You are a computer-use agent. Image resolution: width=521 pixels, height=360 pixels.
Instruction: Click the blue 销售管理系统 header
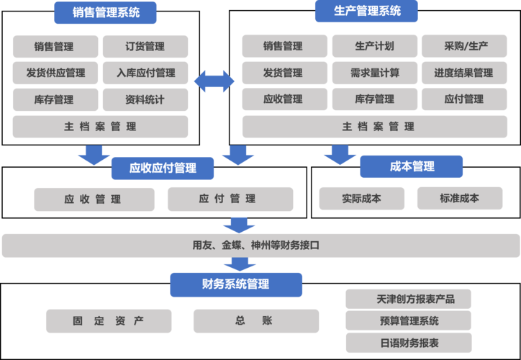coord(106,12)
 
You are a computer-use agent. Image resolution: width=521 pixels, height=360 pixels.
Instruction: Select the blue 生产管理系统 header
coord(367,12)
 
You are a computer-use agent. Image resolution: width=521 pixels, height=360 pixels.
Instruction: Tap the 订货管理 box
coord(145,47)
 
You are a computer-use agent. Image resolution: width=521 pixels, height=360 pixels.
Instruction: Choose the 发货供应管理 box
coord(55,73)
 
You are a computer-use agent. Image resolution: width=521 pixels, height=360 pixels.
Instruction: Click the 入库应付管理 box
coord(145,73)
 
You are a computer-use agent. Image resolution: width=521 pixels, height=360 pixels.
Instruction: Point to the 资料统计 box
coord(145,99)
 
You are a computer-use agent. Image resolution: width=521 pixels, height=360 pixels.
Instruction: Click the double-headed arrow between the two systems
coord(214,81)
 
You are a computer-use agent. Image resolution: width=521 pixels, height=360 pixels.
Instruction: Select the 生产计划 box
coord(374,47)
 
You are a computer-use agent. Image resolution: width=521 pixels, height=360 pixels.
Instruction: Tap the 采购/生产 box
coord(466,47)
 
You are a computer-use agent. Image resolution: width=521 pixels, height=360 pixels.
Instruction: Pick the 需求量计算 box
coord(374,73)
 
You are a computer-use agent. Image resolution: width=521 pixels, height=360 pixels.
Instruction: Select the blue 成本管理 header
coord(412,166)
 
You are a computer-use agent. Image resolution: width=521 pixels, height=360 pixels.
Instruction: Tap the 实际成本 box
coord(361,198)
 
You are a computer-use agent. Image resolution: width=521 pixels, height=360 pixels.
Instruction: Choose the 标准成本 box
coord(459,198)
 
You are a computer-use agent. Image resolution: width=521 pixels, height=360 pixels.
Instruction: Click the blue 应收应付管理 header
coord(163,168)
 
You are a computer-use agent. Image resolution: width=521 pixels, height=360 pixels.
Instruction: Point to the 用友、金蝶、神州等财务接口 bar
coord(260,246)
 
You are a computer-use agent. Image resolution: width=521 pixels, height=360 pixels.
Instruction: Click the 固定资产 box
coord(109,321)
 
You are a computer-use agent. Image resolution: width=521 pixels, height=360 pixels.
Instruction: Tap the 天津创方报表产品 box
coord(408,299)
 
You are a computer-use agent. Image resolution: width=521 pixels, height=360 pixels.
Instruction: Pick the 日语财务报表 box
coord(408,343)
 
